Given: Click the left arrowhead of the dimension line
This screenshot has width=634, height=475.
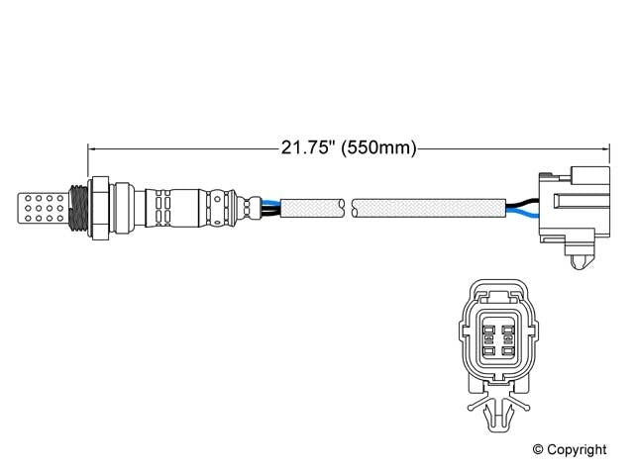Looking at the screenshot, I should click(x=93, y=148).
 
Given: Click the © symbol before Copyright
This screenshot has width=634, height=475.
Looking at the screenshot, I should click(x=540, y=450).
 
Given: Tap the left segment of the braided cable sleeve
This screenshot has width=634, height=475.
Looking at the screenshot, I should click(x=313, y=208).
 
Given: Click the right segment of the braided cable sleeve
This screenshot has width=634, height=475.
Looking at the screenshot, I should click(x=426, y=208).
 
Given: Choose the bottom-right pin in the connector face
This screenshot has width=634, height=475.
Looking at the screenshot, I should click(x=507, y=348).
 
